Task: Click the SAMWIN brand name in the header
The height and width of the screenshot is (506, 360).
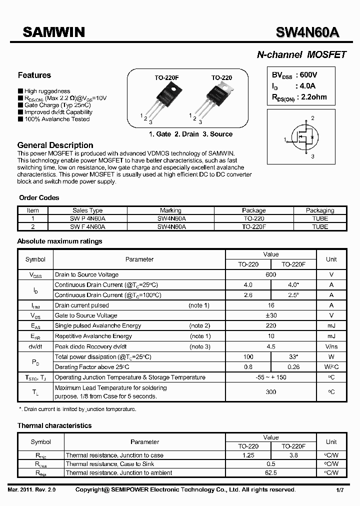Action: pos(53,32)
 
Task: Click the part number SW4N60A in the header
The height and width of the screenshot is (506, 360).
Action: pos(307,32)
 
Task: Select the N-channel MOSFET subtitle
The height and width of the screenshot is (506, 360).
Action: pos(301,55)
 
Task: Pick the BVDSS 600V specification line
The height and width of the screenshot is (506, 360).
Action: pos(294,75)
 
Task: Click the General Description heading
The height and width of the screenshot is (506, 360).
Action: pos(55,145)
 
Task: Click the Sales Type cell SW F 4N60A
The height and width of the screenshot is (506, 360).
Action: pos(87,226)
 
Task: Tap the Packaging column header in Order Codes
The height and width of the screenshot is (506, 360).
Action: pos(320,210)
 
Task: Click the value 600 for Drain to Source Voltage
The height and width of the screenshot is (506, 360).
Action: pos(270,274)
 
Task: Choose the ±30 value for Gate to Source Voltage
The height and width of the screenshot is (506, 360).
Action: pos(270,315)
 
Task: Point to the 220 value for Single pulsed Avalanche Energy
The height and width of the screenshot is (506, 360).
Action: pos(270,325)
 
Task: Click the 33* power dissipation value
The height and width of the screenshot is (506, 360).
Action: pos(293,356)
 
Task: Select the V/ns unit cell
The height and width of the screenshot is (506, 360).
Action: pos(331,346)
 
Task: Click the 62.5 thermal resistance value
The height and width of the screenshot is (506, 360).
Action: pos(270,472)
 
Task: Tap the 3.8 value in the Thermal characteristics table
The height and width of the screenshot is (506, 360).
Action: pos(293,455)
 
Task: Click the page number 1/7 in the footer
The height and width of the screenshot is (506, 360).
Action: pos(340,490)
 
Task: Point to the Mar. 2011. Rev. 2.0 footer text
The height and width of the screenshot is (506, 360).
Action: pos(31,490)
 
